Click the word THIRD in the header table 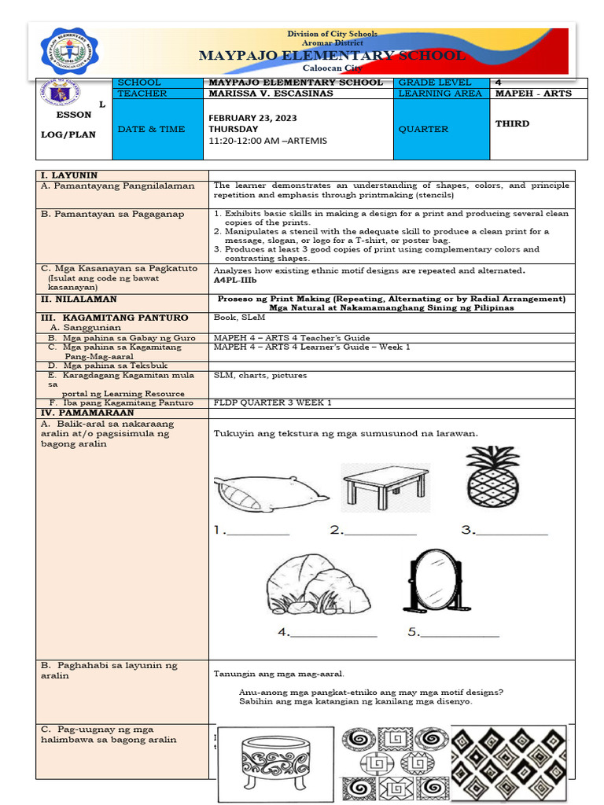tap(512, 123)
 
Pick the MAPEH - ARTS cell tap(532, 94)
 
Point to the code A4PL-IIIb tap(235, 280)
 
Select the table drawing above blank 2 tap(385, 486)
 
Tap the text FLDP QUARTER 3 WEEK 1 tap(272, 402)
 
